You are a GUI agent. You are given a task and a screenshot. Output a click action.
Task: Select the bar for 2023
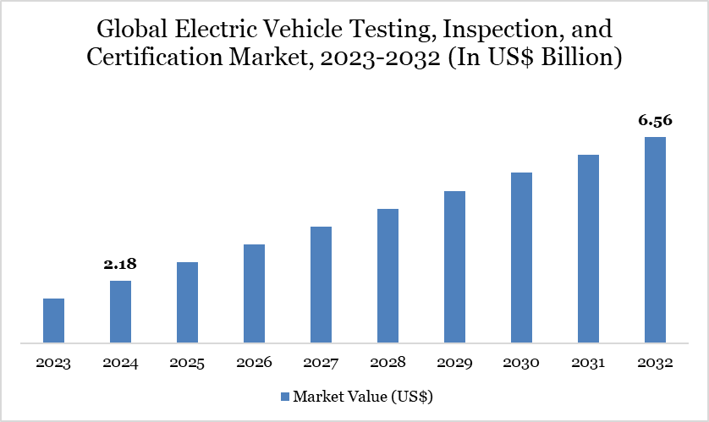[53, 321]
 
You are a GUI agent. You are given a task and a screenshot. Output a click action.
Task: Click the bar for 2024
[120, 312]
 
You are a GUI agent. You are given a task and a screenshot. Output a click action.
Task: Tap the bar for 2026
[254, 293]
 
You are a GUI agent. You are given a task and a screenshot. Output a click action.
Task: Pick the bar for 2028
[387, 276]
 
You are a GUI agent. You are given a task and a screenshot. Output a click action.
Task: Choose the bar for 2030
[521, 258]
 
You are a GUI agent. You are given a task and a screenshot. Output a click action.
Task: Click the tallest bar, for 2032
[655, 240]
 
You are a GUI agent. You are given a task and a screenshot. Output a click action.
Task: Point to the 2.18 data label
[120, 265]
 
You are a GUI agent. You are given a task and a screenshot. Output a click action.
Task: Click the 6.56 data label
[655, 121]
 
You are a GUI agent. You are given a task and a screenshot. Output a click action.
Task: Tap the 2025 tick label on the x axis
[187, 363]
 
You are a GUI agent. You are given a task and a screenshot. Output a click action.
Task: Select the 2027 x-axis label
[321, 363]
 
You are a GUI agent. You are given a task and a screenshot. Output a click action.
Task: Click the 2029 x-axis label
[454, 363]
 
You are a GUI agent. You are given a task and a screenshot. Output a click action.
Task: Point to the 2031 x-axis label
[588, 363]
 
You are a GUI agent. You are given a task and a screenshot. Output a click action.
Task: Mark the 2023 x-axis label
[53, 363]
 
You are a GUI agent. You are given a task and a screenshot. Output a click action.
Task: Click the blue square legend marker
[284, 396]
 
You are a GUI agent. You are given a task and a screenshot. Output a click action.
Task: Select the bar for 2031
[588, 249]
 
